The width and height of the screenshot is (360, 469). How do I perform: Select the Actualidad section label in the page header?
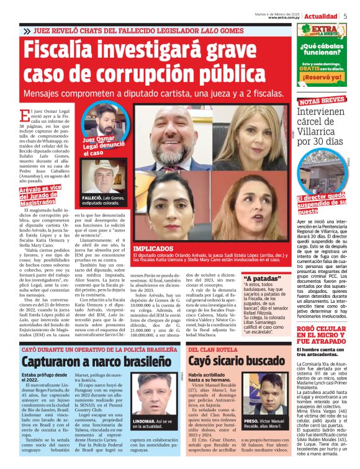coord(321,16)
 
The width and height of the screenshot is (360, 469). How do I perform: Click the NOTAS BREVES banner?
coord(322,100)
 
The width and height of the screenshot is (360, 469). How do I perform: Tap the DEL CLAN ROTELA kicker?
coord(213,350)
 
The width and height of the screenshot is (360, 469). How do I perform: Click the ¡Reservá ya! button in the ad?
coord(320,78)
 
